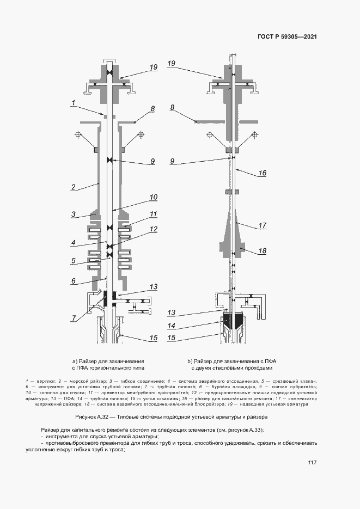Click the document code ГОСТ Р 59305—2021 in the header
click(x=287, y=37)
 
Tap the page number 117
click(x=312, y=463)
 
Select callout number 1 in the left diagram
click(x=72, y=102)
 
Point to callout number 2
click(x=72, y=187)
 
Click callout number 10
click(x=153, y=197)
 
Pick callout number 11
click(x=153, y=213)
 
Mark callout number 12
click(x=153, y=229)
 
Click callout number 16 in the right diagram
click(x=262, y=173)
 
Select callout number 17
click(x=262, y=225)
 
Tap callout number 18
click(x=262, y=251)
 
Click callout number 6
click(x=72, y=281)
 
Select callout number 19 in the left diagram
click(x=153, y=67)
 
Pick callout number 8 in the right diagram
click(x=172, y=108)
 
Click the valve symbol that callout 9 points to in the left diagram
click(x=110, y=160)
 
